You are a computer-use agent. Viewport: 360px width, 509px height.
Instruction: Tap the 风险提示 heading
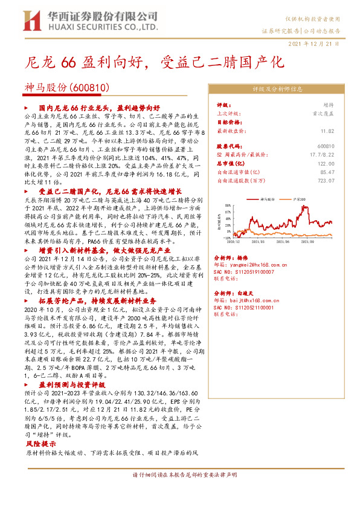[x=40, y=443]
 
